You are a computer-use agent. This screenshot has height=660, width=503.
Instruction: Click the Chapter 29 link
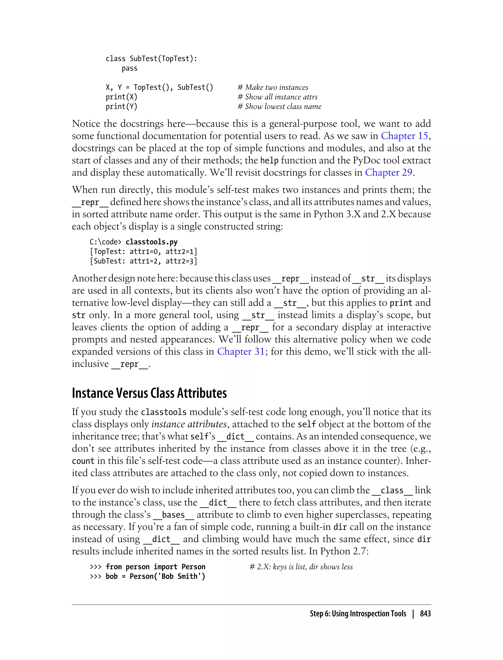[388, 173]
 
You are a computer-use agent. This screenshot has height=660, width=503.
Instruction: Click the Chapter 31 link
[241, 351]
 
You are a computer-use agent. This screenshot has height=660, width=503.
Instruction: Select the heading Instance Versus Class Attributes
[149, 393]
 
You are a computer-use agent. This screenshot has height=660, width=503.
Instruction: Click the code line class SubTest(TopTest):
[152, 59]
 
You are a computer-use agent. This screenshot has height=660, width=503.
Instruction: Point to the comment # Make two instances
[273, 87]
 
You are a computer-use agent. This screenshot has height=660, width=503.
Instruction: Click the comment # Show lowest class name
[279, 107]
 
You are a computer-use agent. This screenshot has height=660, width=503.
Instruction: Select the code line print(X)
[121, 97]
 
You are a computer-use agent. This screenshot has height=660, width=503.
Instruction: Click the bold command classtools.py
[151, 242]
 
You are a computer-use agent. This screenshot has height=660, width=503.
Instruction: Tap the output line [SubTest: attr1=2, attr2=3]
[143, 261]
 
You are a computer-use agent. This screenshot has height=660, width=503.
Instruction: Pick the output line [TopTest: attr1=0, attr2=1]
[143, 251]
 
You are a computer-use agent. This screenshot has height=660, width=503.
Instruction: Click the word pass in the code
[129, 68]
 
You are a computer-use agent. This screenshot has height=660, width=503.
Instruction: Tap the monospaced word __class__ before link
[392, 490]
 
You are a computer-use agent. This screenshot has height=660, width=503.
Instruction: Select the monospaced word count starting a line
[83, 461]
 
